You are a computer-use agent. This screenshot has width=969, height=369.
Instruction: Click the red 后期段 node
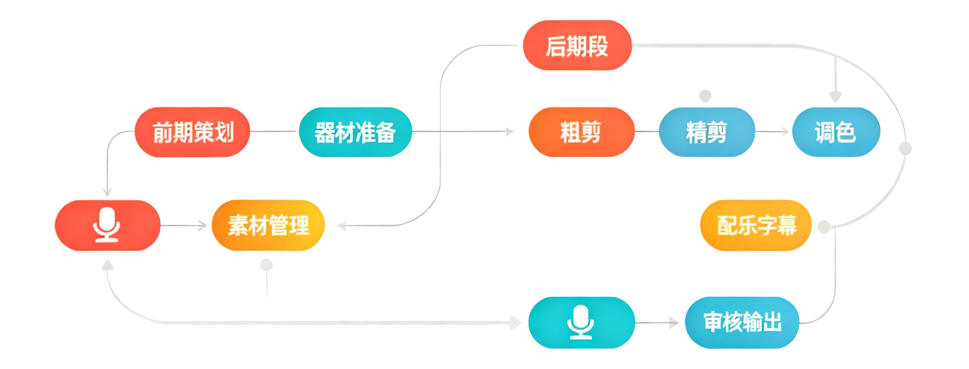[577, 46]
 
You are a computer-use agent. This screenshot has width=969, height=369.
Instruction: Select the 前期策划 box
[192, 132]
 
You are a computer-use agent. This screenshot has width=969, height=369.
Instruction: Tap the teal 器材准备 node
[355, 132]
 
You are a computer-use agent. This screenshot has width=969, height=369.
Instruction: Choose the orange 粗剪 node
[581, 132]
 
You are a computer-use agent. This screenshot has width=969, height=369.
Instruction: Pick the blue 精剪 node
[706, 132]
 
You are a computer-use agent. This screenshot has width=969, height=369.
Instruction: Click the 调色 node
[835, 132]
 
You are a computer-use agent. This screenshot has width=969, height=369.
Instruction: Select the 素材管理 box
[268, 226]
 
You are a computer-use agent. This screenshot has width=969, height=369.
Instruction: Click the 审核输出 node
[743, 323]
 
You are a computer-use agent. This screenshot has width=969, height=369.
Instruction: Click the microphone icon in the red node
[107, 226]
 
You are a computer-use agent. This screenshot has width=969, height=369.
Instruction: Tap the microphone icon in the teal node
[581, 323]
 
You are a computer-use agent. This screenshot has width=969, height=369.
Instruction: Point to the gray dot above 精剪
[705, 95]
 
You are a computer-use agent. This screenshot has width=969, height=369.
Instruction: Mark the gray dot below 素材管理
[267, 264]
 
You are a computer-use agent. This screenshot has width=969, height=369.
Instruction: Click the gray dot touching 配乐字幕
[824, 226]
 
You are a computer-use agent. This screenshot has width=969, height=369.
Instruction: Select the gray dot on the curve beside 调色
[905, 148]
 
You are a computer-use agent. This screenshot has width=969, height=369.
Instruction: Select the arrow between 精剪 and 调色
[774, 132]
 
